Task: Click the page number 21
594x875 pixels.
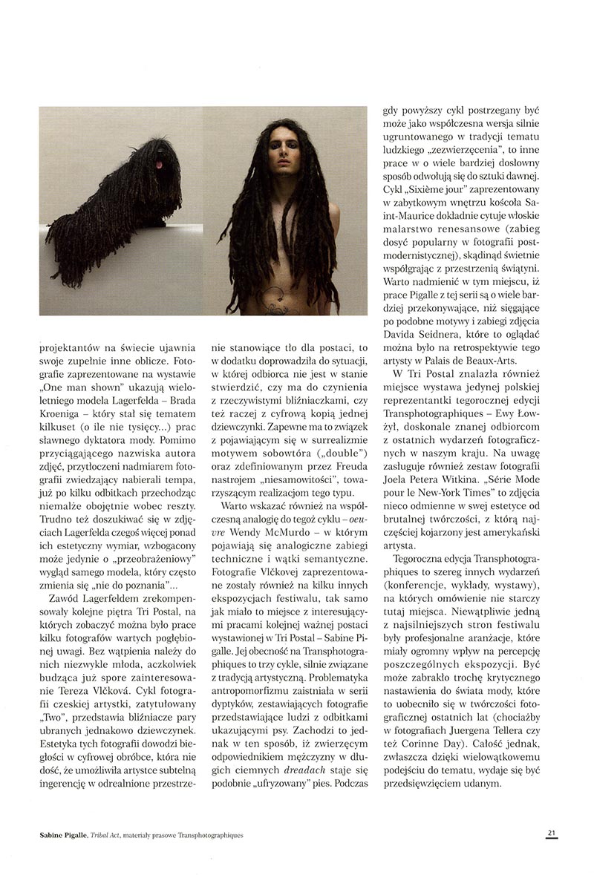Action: [552, 833]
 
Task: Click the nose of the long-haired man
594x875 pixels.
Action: [281, 165]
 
